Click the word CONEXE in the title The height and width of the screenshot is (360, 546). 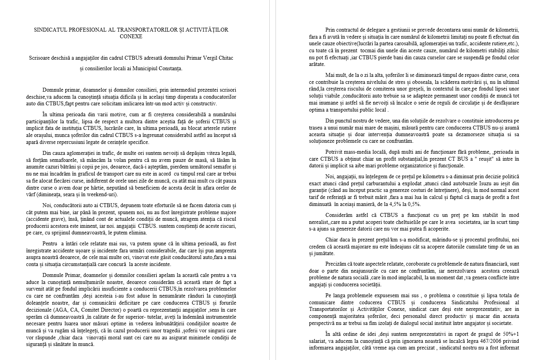(x=131, y=36)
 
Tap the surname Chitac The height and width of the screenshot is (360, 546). (x=224, y=58)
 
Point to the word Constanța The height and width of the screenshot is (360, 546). (x=168, y=68)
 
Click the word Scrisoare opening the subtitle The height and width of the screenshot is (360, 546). (x=41, y=58)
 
